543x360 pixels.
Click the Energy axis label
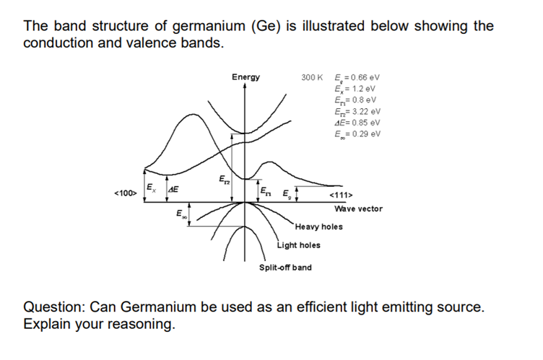(246, 76)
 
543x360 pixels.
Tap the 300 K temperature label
(312, 77)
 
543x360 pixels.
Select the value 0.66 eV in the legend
(365, 77)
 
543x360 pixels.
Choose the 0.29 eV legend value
(365, 133)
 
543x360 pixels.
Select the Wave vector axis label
(358, 208)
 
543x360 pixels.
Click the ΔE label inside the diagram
(174, 189)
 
